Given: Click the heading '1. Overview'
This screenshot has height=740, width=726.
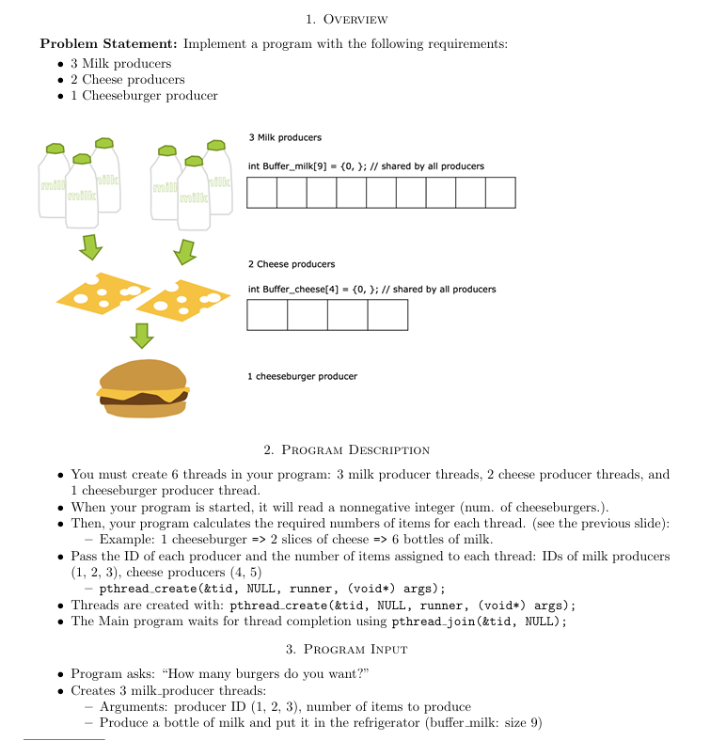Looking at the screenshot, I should [347, 20].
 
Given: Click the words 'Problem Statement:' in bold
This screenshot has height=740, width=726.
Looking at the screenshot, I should [109, 43].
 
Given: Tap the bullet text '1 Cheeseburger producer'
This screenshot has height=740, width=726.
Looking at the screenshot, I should [144, 95].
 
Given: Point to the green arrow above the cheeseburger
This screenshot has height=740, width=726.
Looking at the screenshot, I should [141, 334].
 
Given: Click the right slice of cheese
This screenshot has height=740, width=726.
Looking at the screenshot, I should [188, 299].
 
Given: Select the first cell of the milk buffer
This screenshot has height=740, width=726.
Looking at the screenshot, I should [262, 193].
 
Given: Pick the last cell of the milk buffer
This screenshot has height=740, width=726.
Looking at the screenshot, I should [500, 193].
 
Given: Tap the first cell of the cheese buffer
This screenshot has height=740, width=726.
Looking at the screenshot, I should [267, 315].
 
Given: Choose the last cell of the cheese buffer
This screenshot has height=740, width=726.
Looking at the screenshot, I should [387, 315].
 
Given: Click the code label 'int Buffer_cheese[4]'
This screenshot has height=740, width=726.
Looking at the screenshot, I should [291, 290].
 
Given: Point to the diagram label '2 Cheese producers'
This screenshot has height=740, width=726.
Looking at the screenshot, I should [291, 264].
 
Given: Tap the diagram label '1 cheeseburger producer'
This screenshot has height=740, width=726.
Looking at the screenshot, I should [302, 376].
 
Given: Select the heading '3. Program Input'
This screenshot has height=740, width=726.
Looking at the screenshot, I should [347, 649].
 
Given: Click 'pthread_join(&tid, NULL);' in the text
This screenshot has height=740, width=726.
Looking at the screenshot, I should [479, 622].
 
